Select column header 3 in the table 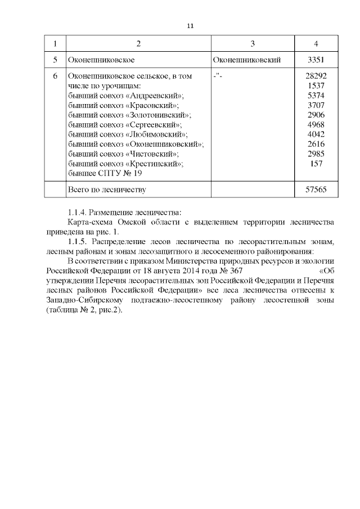point(253,43)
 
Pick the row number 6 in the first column point(55,75)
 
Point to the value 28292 point(316,75)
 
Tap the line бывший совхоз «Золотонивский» point(129,115)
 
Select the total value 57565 point(317,190)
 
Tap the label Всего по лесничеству point(106,190)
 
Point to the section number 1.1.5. point(77,242)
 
